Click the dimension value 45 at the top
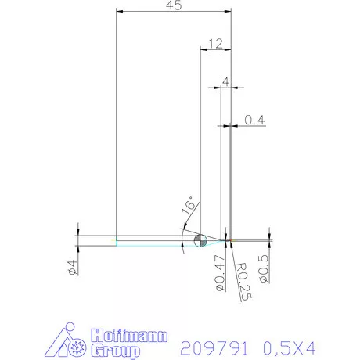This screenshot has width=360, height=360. (x=174, y=6)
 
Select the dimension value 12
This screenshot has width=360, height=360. (x=216, y=42)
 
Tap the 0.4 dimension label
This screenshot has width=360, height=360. (x=254, y=120)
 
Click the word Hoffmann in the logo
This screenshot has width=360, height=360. (x=126, y=335)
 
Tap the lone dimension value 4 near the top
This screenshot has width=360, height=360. (x=225, y=81)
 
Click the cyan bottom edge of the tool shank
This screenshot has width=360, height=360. (x=149, y=245)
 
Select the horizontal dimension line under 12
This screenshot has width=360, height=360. (x=216, y=49)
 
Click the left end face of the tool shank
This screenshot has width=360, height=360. (x=117, y=239)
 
